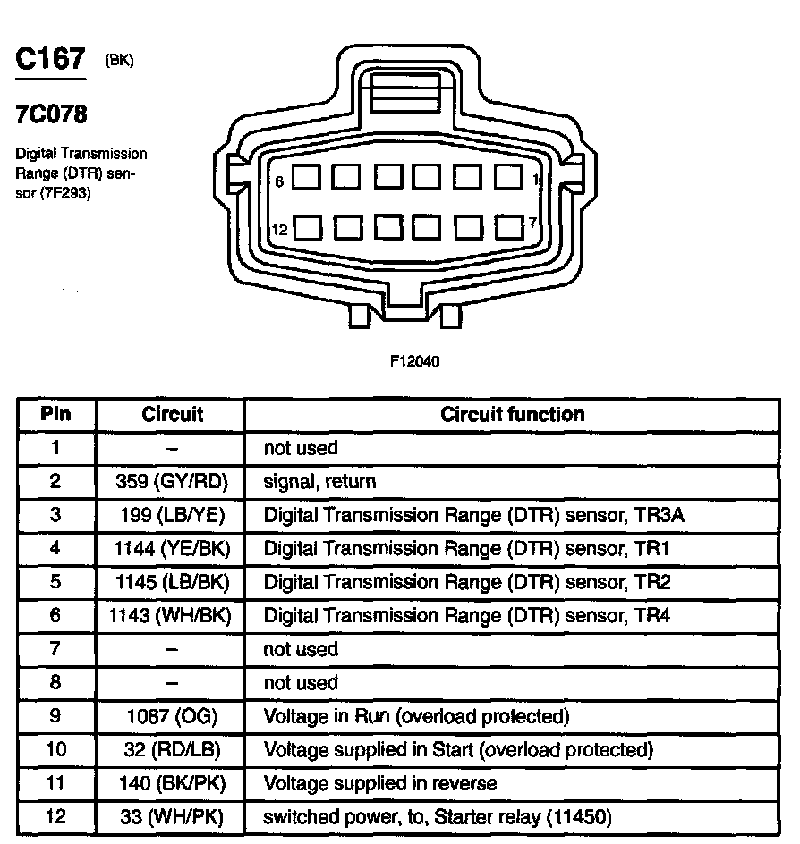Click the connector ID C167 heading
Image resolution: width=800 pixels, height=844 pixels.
point(50,60)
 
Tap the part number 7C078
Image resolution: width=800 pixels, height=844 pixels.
point(52,116)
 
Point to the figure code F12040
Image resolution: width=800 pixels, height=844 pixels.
point(414,361)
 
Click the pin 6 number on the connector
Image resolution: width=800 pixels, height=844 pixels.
point(279,181)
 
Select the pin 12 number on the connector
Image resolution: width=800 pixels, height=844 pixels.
point(279,230)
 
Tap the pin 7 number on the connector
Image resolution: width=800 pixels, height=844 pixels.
point(532,223)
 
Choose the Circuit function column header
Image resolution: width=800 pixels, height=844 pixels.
point(512,415)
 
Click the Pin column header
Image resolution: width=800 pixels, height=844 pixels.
point(55,415)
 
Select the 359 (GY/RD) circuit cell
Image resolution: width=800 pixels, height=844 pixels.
point(172,482)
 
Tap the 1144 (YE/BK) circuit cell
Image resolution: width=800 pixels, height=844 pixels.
point(172,549)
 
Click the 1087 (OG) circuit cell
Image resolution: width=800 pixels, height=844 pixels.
point(172,717)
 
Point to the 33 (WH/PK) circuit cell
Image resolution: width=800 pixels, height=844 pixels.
point(172,817)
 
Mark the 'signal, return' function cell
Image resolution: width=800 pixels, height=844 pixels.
point(319,482)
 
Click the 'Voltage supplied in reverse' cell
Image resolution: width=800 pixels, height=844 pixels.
point(379,784)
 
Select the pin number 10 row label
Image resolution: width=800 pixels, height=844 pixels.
point(55,750)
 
